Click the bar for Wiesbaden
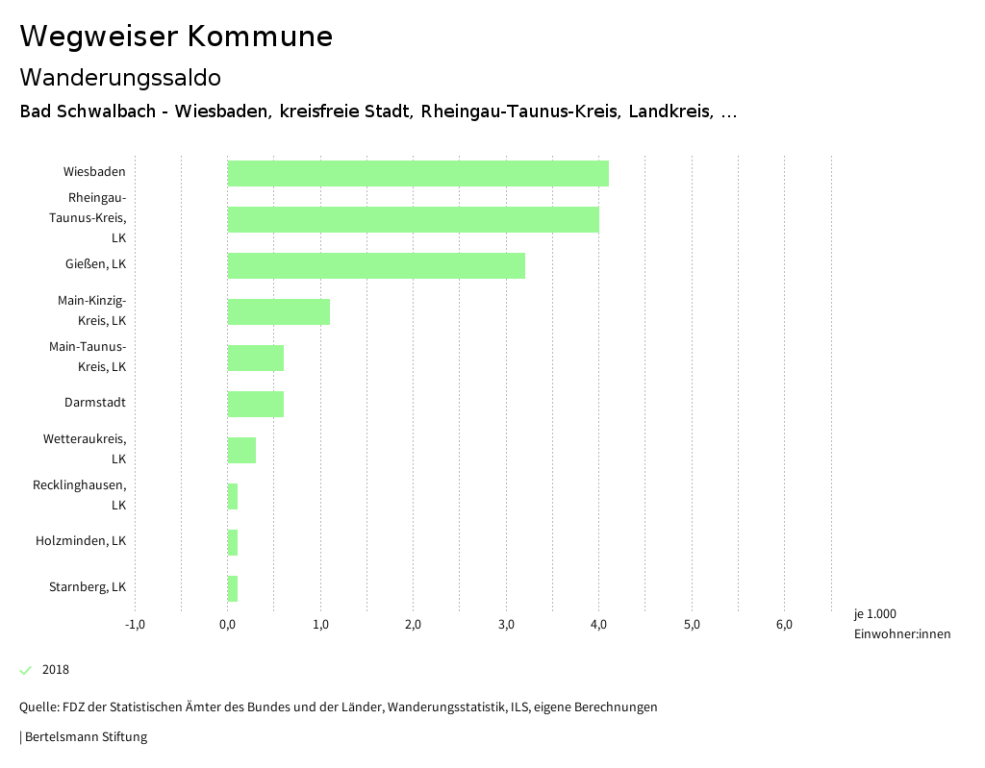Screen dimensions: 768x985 pyautogui.click(x=417, y=173)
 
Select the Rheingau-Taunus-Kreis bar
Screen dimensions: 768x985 pyautogui.click(x=413, y=219)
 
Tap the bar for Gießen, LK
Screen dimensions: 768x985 pyautogui.click(x=376, y=265)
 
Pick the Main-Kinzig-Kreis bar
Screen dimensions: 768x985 pyautogui.click(x=279, y=311)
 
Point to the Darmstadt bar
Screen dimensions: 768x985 pyautogui.click(x=256, y=404)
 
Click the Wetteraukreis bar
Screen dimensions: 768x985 pyautogui.click(x=241, y=450)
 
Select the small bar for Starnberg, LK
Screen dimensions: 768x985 pyautogui.click(x=233, y=588)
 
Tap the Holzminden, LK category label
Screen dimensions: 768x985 pyautogui.click(x=81, y=541)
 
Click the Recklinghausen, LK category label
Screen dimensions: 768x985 pyautogui.click(x=79, y=495)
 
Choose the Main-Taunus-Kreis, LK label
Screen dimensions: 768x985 pyautogui.click(x=88, y=357)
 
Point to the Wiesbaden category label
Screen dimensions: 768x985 pyautogui.click(x=94, y=172)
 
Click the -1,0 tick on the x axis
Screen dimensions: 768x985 pyautogui.click(x=135, y=625)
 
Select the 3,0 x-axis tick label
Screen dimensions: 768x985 pyautogui.click(x=506, y=625)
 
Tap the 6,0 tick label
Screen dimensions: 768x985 pyautogui.click(x=784, y=625)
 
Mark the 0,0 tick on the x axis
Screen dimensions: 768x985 pyautogui.click(x=228, y=625)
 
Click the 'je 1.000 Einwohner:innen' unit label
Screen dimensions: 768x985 pyautogui.click(x=901, y=624)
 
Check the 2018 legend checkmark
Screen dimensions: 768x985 pyautogui.click(x=26, y=670)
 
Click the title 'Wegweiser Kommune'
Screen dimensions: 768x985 pyautogui.click(x=176, y=37)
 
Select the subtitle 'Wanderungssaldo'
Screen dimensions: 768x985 pyautogui.click(x=120, y=77)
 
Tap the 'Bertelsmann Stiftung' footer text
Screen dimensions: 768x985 pyautogui.click(x=86, y=737)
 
